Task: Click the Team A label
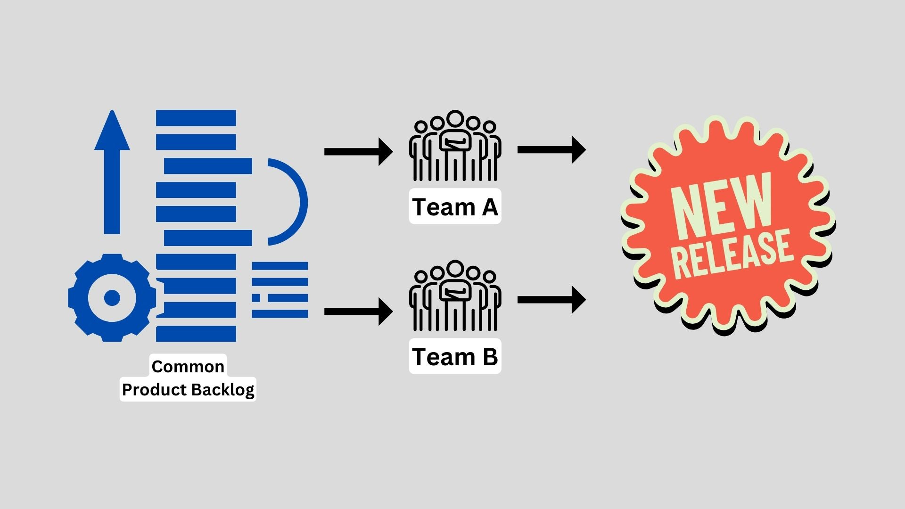click(x=455, y=207)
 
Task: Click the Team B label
click(x=455, y=356)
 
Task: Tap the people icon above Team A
click(x=455, y=146)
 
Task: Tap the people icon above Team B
click(x=455, y=296)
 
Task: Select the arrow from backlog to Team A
click(x=358, y=152)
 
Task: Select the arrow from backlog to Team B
click(x=358, y=311)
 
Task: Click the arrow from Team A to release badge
click(x=551, y=150)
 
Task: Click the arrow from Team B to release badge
click(x=551, y=300)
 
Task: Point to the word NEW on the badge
click(x=721, y=207)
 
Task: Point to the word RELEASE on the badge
click(x=733, y=254)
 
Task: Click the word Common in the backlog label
click(x=188, y=366)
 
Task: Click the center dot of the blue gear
click(x=112, y=298)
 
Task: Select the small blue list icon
click(x=280, y=290)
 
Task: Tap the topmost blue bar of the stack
click(x=196, y=118)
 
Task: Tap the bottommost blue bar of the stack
click(x=196, y=334)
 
